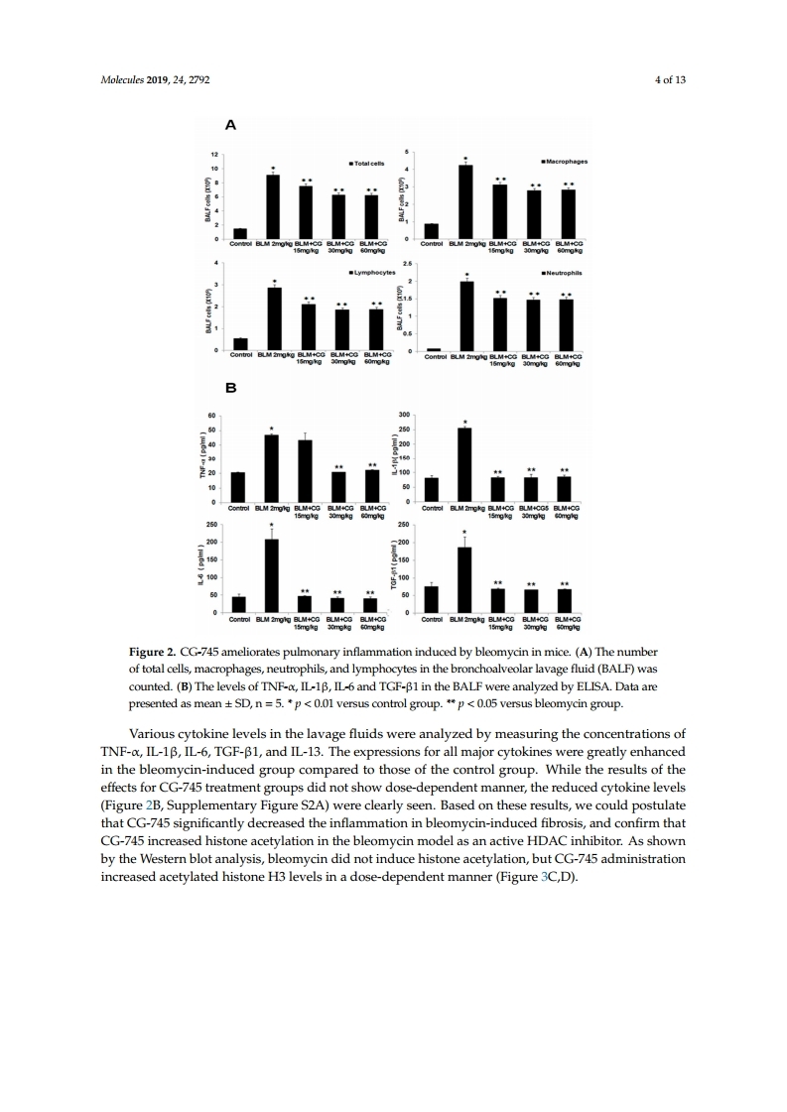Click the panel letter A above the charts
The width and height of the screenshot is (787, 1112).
tap(231, 125)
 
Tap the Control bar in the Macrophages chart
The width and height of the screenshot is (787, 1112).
tap(432, 230)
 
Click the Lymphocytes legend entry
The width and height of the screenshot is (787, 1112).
tap(372, 271)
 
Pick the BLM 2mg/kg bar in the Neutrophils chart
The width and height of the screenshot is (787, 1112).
tap(466, 315)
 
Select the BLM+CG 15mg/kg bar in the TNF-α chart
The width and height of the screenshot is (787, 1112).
tap(305, 471)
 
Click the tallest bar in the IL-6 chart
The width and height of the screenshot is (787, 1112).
tap(271, 575)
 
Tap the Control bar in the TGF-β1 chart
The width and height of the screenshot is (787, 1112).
tap(432, 599)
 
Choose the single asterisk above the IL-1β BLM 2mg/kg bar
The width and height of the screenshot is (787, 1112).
tap(463, 422)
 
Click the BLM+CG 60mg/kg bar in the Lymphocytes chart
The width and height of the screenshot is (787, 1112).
tap(375, 329)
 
